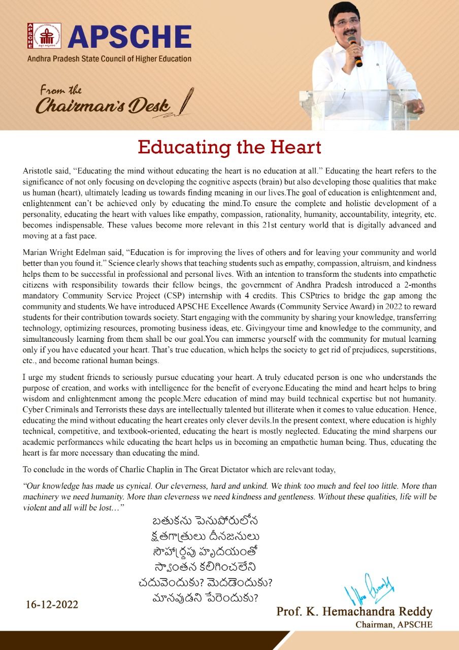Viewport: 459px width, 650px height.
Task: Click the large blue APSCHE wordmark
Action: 129,37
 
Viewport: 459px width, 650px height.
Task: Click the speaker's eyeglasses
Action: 346,20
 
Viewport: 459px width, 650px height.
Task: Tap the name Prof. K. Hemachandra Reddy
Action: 354,611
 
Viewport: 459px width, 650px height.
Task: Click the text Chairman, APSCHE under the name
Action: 394,625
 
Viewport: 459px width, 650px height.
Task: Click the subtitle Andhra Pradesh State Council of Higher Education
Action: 109,59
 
